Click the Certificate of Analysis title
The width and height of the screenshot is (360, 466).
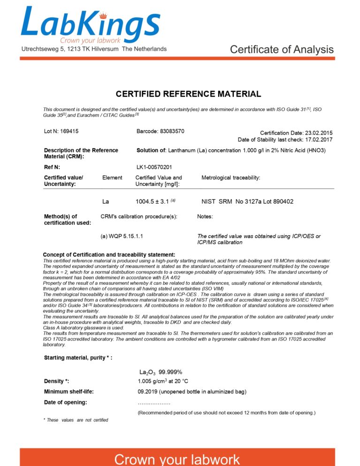tap(282, 49)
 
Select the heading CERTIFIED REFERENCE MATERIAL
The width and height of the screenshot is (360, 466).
tap(188, 94)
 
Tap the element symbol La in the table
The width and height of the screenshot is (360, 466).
tap(106, 202)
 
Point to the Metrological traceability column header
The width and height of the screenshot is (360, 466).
tap(230, 178)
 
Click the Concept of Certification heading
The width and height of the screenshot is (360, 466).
tap(109, 254)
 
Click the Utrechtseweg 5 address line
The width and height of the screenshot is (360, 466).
tap(94, 49)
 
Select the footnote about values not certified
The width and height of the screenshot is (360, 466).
tap(76, 420)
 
